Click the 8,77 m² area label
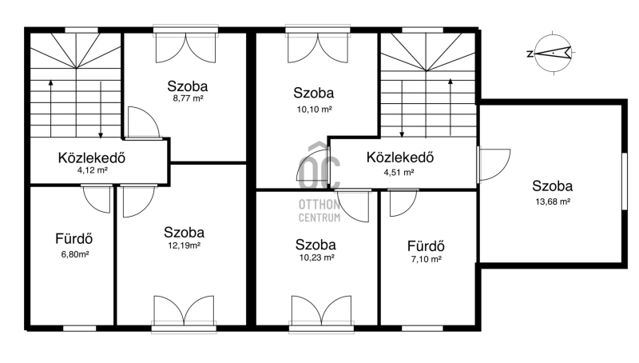click(188, 98)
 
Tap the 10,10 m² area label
click(314, 110)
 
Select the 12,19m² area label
click(184, 245)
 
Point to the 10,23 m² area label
click(316, 257)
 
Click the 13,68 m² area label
click(553, 201)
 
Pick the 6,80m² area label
click(75, 254)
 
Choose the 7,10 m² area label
click(427, 259)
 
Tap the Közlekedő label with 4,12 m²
click(92, 158)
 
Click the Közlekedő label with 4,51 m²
click(400, 158)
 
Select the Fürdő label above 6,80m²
click(74, 238)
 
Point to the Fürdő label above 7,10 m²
click(426, 246)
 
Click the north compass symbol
click(552, 53)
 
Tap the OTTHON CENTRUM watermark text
click(319, 211)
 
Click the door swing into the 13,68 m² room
click(494, 165)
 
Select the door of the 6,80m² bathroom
click(97, 199)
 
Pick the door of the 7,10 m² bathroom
click(403, 203)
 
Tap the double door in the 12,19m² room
click(184, 313)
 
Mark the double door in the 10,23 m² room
click(322, 313)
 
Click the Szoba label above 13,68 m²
click(552, 186)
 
